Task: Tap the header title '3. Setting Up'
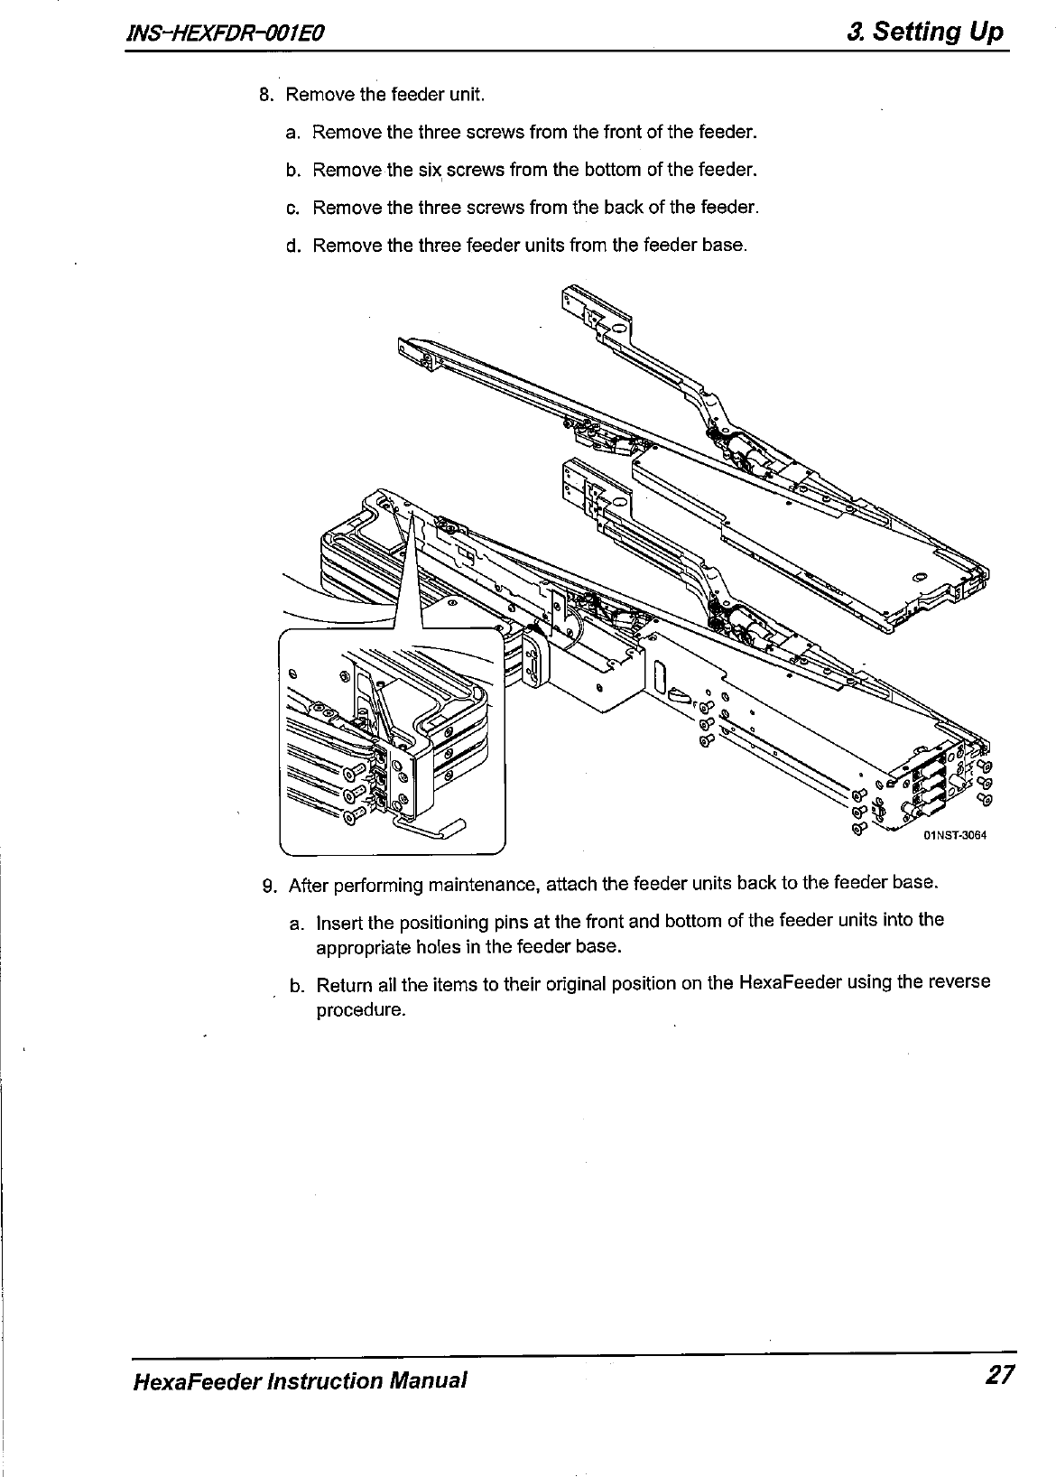(x=925, y=33)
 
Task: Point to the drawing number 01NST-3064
(x=954, y=835)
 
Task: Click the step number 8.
(x=265, y=95)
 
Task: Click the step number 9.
(x=268, y=885)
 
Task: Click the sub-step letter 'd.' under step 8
(x=292, y=246)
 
